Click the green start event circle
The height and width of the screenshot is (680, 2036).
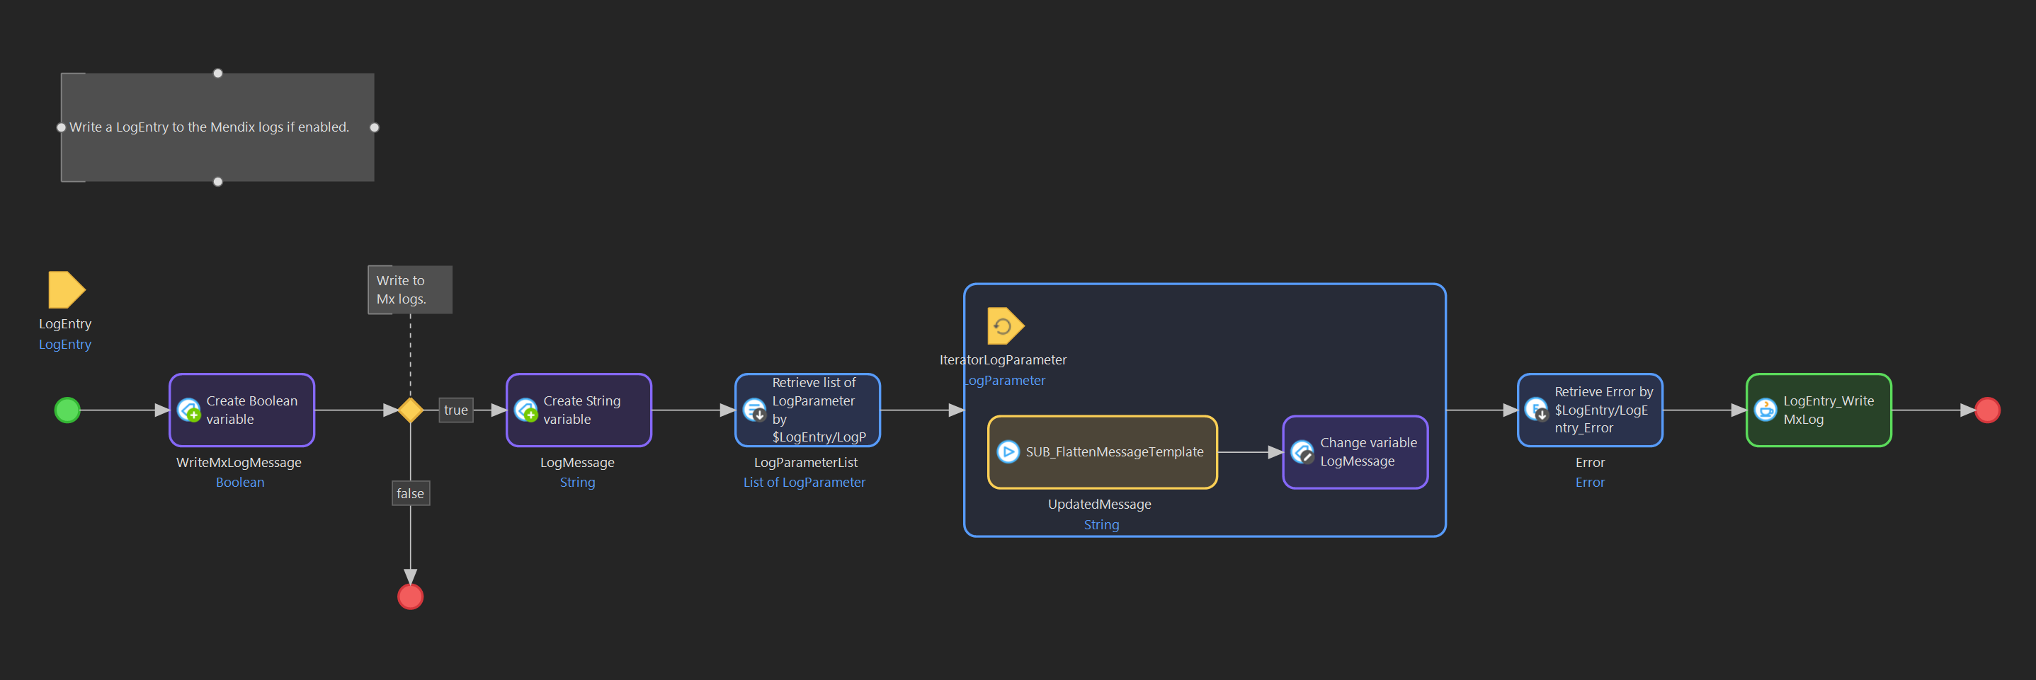click(67, 410)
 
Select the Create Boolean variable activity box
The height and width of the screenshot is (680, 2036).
click(242, 410)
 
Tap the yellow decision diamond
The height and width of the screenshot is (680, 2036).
click(410, 410)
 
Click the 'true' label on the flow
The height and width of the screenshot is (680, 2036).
click(455, 410)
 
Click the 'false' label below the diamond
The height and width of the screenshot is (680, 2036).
click(410, 494)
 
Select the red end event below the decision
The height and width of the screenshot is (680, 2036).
click(410, 597)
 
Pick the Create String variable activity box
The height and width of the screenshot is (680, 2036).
click(579, 410)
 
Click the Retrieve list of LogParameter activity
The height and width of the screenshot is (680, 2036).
click(807, 410)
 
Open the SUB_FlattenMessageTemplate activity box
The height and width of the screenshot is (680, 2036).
click(1102, 451)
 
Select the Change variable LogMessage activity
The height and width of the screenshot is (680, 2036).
click(1355, 451)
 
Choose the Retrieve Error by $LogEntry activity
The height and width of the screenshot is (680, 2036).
click(1589, 410)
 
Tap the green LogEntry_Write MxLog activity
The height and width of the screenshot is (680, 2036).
click(1818, 410)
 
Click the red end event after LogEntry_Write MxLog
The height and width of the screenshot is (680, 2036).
click(1987, 410)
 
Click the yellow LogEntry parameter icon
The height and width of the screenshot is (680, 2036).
click(66, 290)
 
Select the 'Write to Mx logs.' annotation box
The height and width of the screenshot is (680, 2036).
click(409, 290)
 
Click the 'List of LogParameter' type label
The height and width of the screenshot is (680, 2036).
click(804, 483)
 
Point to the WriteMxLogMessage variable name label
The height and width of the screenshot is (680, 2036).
click(239, 462)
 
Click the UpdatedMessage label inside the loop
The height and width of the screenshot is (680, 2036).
click(1098, 504)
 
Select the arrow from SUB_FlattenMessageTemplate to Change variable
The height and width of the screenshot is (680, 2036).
click(1249, 451)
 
